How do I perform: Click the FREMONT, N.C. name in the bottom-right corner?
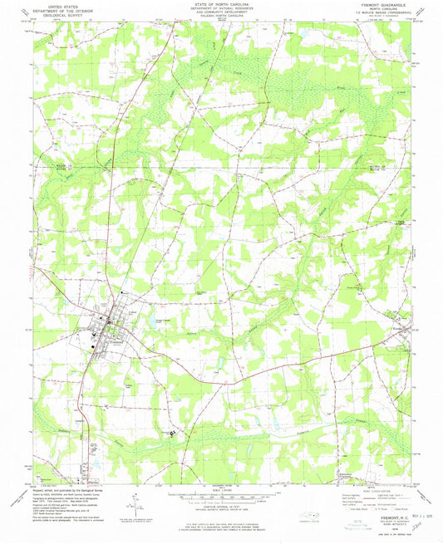click(377, 493)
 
